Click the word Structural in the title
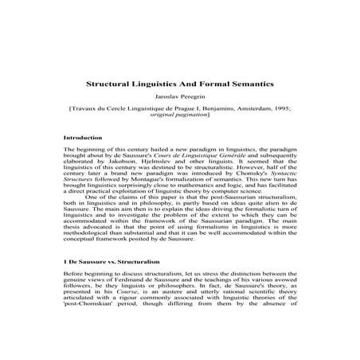coord(110,82)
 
